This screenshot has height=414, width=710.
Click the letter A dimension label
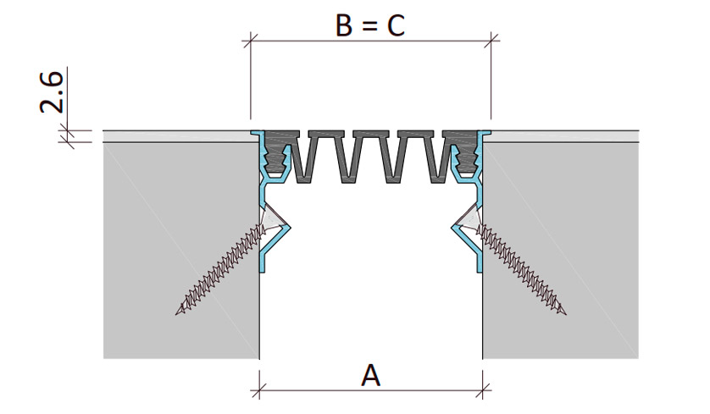370,376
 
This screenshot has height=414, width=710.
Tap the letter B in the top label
344,25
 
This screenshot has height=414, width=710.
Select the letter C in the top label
396,25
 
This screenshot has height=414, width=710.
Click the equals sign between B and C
369,27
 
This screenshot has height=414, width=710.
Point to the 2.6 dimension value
52,91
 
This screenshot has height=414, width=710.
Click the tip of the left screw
176,312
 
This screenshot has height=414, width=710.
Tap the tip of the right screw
565,312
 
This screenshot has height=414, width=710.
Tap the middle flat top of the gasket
371,134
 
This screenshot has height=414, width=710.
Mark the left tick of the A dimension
259,389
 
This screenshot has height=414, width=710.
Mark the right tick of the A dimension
483,389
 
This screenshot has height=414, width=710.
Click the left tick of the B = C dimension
251,41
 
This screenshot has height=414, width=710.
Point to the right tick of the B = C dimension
491,41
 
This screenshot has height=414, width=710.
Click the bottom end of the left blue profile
262,271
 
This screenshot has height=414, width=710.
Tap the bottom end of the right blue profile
480,271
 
